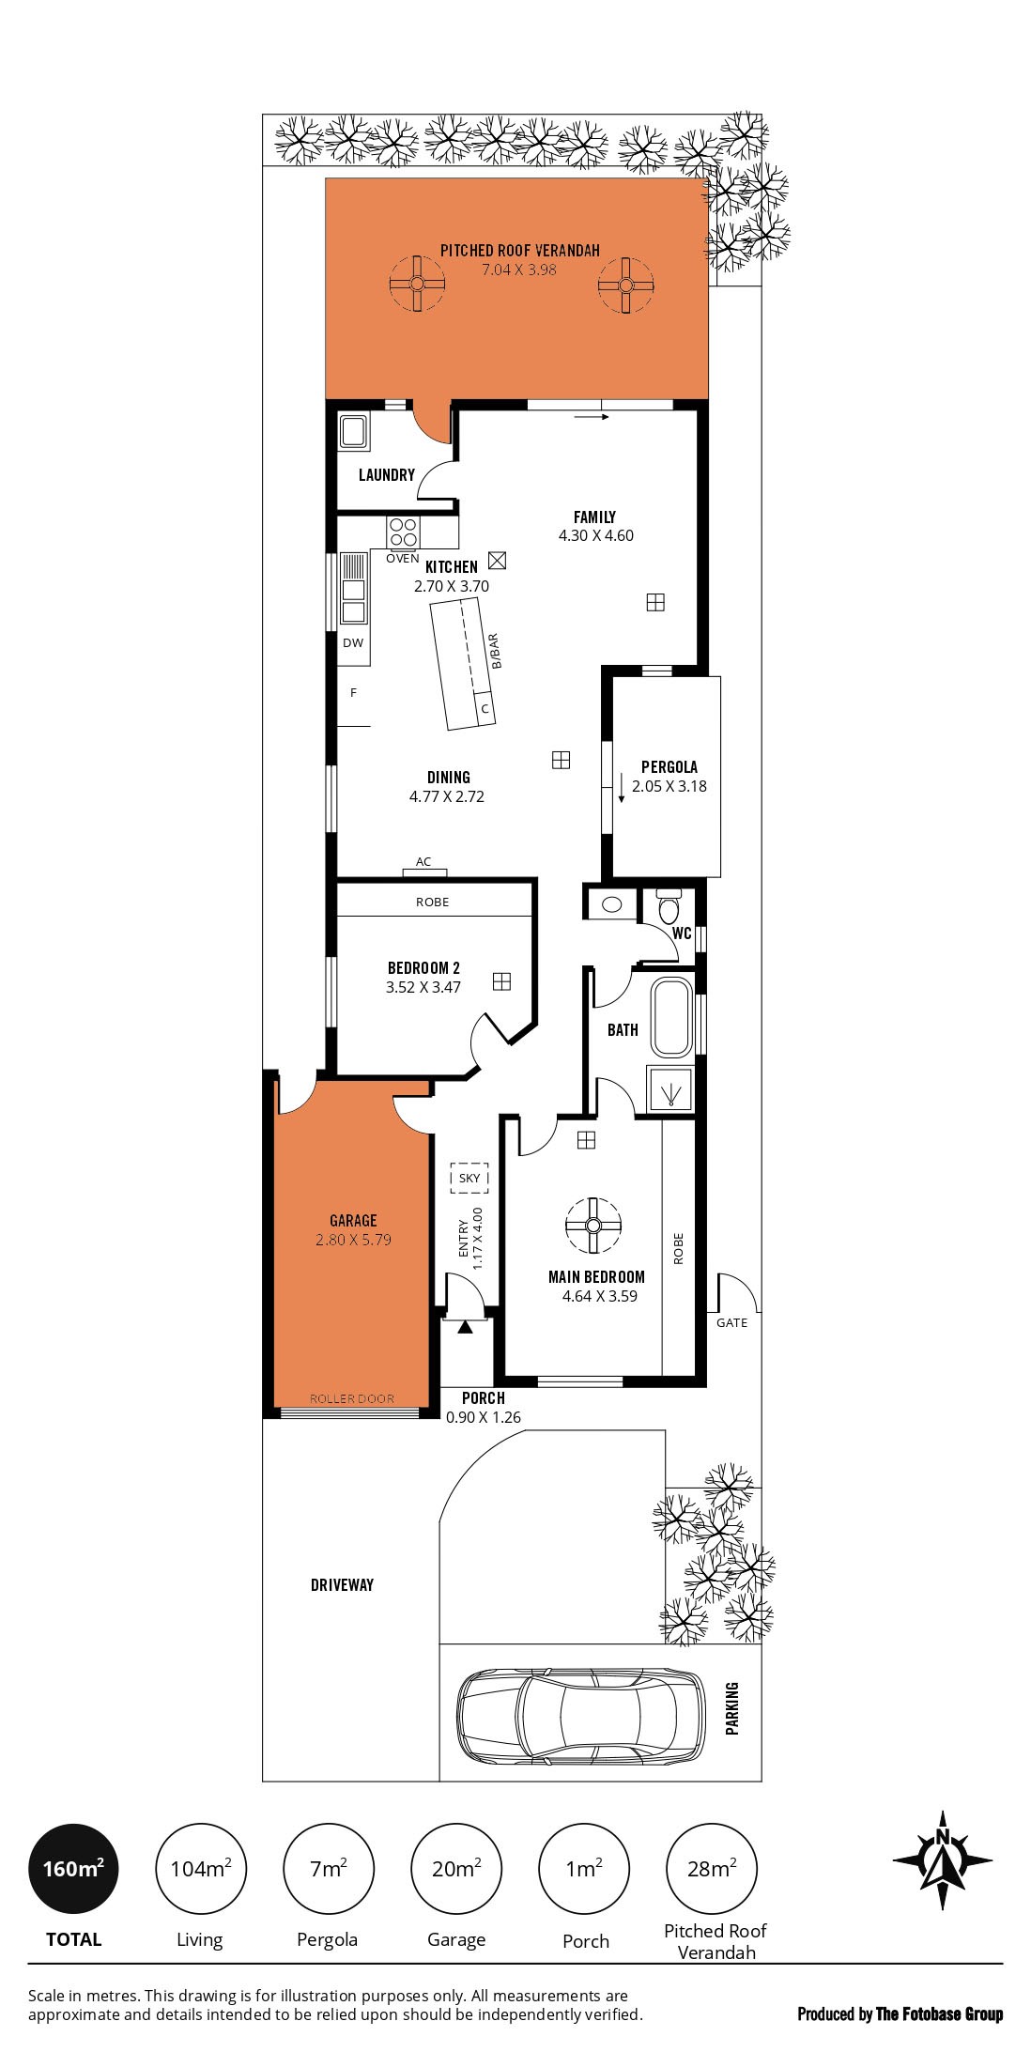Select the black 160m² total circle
tap(73, 1870)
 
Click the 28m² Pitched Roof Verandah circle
tap(711, 1870)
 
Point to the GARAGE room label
tap(353, 1221)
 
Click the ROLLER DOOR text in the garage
tap(352, 1398)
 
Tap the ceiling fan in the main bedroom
tap(592, 1226)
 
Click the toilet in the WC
tap(669, 907)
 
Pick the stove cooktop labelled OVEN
tap(403, 532)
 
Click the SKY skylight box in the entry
tap(469, 1178)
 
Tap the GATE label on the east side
tap(731, 1323)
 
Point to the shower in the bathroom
tap(669, 1091)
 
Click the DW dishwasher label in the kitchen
tap(352, 643)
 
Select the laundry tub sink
tap(354, 431)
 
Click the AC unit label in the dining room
tap(423, 862)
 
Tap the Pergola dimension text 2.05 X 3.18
tap(669, 787)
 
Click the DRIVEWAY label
tap(342, 1585)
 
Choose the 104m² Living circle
tap(201, 1870)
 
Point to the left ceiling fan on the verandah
tap(416, 284)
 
